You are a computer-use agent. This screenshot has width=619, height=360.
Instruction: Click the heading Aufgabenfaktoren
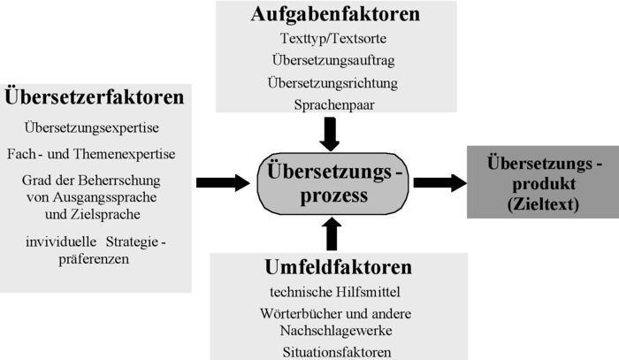click(x=335, y=14)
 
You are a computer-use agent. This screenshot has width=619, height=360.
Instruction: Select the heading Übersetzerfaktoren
click(x=95, y=96)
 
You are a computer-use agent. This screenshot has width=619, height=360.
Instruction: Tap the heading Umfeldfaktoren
click(x=339, y=267)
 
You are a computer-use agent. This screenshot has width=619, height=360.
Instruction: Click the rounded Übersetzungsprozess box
click(x=332, y=184)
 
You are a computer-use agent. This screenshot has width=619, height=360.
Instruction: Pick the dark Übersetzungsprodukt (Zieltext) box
click(x=543, y=182)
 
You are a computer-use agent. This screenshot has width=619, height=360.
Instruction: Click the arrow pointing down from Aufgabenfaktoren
click(x=330, y=134)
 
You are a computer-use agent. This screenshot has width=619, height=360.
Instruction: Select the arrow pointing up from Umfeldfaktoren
click(x=332, y=234)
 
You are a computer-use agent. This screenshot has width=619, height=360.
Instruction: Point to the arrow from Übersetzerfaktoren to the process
click(x=223, y=183)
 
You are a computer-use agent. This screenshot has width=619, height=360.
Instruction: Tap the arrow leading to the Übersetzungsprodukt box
click(x=440, y=183)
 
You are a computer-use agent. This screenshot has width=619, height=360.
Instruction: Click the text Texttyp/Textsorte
click(x=333, y=38)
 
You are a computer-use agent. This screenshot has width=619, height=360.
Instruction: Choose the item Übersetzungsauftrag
click(x=333, y=60)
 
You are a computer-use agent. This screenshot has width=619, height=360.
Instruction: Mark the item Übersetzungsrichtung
click(x=332, y=83)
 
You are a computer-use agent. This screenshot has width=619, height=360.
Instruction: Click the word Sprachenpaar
click(x=334, y=105)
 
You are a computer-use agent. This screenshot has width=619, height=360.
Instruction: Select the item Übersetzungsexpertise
click(x=92, y=127)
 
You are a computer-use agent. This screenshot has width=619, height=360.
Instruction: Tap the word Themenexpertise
click(x=125, y=154)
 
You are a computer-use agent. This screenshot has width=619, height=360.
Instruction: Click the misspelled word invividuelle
click(x=61, y=241)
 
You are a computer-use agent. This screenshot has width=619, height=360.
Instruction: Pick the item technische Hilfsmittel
click(x=335, y=292)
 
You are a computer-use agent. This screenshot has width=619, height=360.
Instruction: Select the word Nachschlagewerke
click(x=336, y=331)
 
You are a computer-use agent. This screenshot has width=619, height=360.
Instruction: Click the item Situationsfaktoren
click(x=337, y=352)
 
